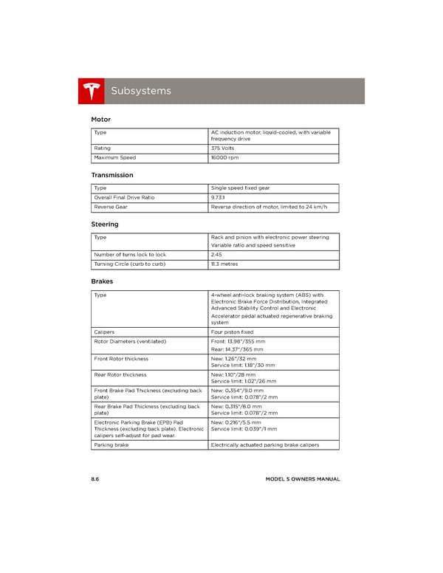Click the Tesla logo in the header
(92, 91)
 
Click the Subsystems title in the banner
(140, 91)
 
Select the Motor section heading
(100, 119)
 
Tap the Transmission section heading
(112, 175)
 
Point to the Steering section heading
(105, 224)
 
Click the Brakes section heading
(102, 281)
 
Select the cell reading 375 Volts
(224, 148)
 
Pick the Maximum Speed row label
(115, 158)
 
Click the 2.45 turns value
(218, 255)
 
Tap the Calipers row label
(104, 332)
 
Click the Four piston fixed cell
(232, 332)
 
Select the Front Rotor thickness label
(121, 359)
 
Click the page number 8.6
(95, 479)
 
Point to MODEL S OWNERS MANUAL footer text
(303, 479)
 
